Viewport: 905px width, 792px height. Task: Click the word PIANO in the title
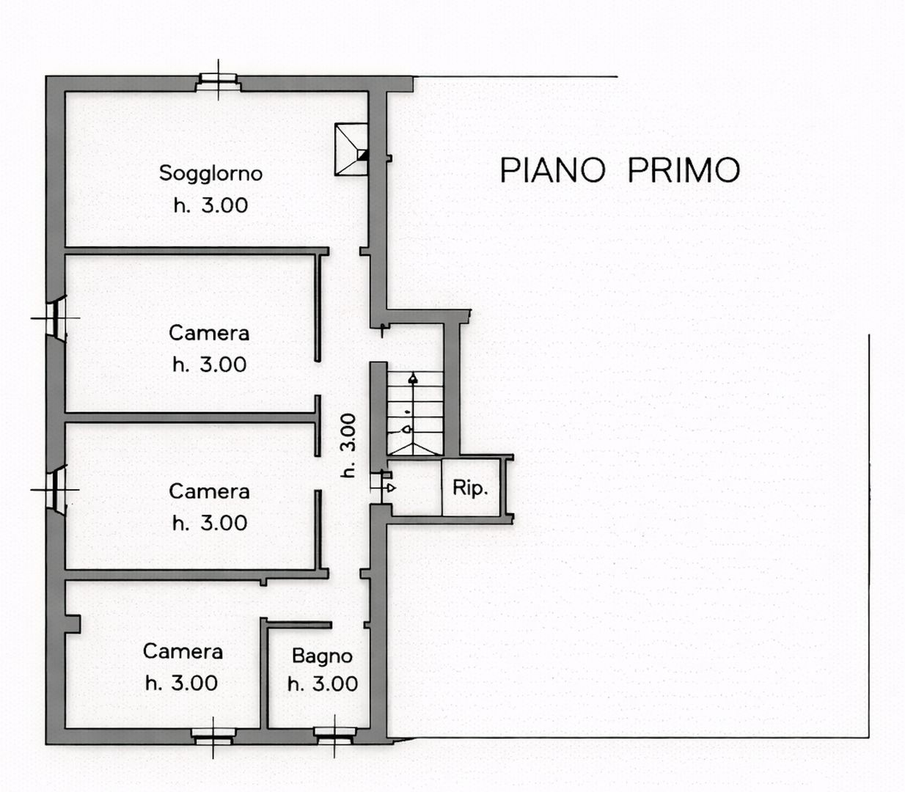point(552,170)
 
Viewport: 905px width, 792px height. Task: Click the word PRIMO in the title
point(684,170)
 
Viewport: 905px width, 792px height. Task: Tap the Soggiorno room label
point(210,173)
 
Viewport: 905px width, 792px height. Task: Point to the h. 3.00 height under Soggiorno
point(210,205)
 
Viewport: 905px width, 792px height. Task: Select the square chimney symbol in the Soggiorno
point(351,150)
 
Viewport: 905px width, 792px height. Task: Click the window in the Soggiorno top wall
point(218,81)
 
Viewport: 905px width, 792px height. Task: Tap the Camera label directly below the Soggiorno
point(209,333)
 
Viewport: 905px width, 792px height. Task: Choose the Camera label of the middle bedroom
point(209,491)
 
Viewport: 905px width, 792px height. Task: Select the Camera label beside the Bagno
point(183,651)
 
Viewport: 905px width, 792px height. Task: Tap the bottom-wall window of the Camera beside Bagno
point(213,735)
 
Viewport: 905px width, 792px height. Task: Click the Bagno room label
point(322,656)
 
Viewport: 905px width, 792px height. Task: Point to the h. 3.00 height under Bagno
point(323,684)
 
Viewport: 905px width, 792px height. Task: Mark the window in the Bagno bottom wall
point(335,735)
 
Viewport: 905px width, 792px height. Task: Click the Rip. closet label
point(470,488)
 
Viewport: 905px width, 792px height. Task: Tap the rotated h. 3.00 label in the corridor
point(348,445)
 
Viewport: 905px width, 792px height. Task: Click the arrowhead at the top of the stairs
point(413,379)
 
